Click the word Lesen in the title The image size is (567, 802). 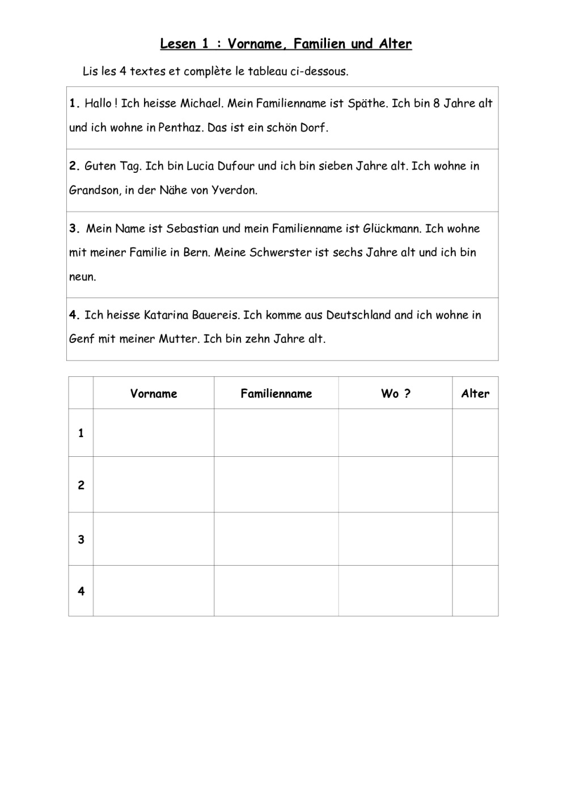click(177, 44)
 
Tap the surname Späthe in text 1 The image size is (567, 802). click(367, 103)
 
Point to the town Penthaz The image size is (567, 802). click(179, 128)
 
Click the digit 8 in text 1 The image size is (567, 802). click(436, 103)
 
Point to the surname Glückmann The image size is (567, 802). click(392, 228)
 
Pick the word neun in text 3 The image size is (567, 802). click(82, 277)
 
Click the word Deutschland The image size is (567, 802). click(358, 315)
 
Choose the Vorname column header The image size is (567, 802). click(154, 393)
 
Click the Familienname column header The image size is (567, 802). click(276, 393)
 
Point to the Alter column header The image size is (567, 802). click(475, 393)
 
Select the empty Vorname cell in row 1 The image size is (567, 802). click(154, 433)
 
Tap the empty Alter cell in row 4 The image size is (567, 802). click(475, 591)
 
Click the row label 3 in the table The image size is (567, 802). click(81, 539)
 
